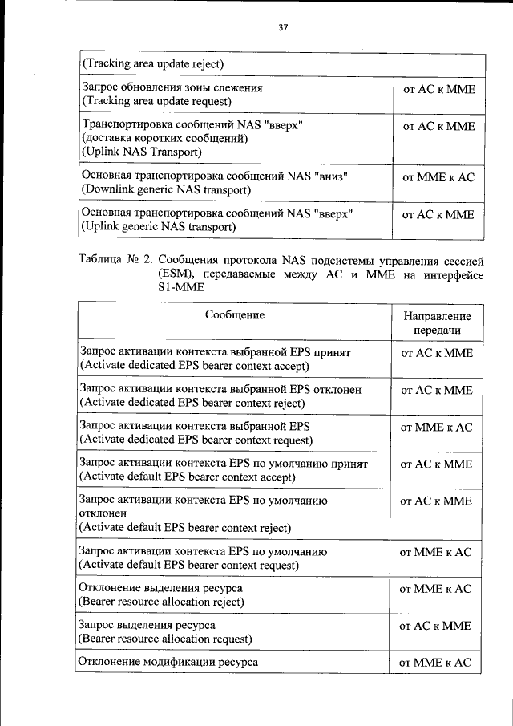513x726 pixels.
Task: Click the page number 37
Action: [x=283, y=27]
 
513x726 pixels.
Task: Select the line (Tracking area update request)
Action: [x=156, y=101]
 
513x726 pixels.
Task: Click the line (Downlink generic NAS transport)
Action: [x=166, y=189]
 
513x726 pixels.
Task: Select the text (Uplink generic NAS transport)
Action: [x=159, y=227]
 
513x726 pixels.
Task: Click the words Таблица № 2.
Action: [x=115, y=260]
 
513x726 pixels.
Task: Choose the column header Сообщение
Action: [x=234, y=315]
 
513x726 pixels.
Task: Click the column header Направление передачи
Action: [x=437, y=323]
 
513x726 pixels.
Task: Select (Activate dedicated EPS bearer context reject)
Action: [x=192, y=403]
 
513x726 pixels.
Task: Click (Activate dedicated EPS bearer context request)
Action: [x=196, y=440]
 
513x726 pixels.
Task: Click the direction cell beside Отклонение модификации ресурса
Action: [x=437, y=663]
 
